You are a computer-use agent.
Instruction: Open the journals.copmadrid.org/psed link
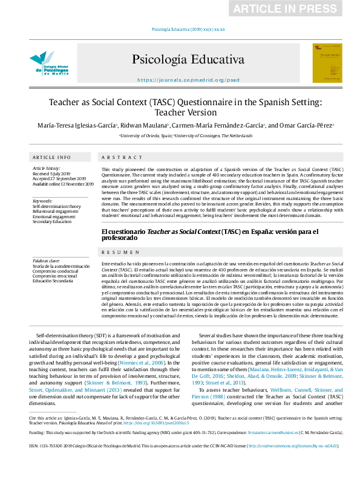[x=180, y=80]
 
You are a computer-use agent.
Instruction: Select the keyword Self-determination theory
[x=56, y=206]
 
